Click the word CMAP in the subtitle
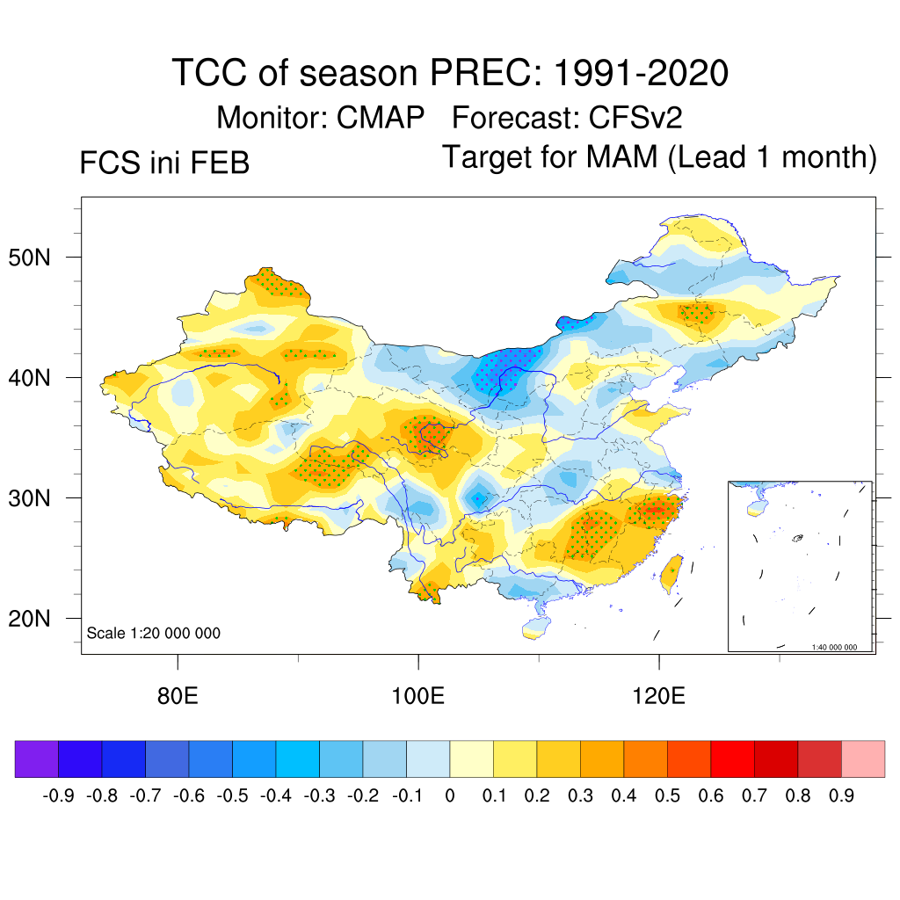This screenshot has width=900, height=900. (381, 117)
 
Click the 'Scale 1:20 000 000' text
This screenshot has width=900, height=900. (154, 634)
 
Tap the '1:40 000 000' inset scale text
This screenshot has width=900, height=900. (840, 647)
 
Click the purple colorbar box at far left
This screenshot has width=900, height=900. (36, 759)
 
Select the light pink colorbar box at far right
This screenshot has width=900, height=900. (863, 759)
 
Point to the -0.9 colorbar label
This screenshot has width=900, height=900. (58, 796)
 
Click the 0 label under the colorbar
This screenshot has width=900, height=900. (449, 796)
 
